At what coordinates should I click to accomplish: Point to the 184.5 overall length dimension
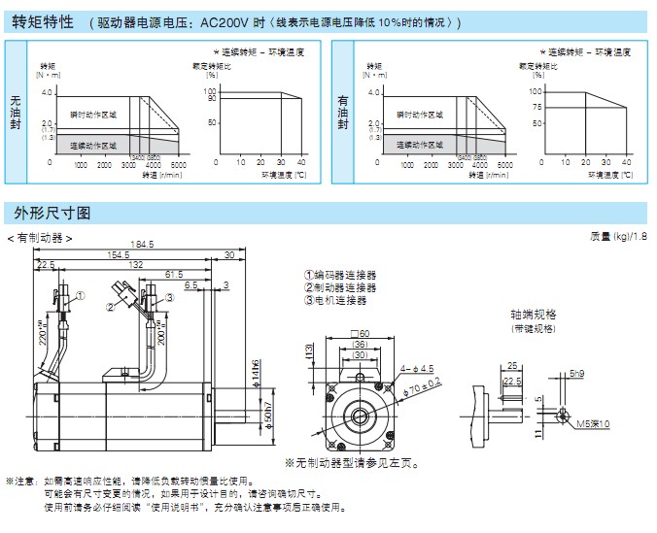[x=142, y=244]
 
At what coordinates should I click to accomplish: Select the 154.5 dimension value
[x=119, y=254]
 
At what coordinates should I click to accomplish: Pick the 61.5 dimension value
[x=174, y=274]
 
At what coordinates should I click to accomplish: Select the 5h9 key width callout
[x=577, y=373]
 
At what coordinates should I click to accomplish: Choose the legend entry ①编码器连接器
[x=339, y=276]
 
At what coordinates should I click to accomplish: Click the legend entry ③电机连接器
[x=339, y=300]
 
